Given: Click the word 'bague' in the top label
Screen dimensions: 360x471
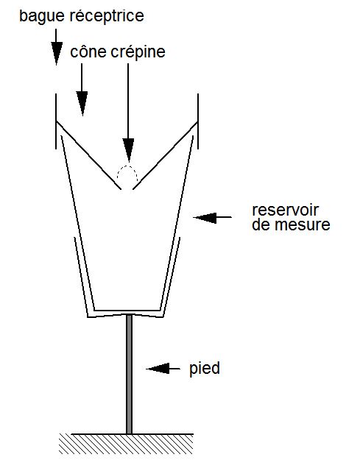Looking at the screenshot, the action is (42, 16).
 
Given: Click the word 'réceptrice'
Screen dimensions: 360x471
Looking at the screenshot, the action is (107, 16).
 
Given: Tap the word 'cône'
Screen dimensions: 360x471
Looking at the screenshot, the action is (88, 52).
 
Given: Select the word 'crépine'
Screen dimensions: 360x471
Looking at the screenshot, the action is (138, 52).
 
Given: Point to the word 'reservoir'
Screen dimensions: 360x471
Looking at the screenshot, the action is (285, 210).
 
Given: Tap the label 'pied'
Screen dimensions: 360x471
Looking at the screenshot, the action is (205, 369).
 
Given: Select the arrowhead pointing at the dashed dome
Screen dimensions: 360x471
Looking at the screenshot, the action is (129, 149).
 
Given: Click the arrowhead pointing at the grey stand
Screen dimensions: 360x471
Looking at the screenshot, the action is (158, 368).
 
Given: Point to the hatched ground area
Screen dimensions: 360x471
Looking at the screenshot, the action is (126, 445).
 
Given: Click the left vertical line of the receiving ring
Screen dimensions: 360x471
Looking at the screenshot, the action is (56, 121).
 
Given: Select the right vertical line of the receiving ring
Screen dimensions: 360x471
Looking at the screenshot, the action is (198, 121).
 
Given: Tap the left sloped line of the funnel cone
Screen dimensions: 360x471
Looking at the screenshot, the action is (88, 155).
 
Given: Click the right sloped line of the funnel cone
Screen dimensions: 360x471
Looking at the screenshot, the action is (165, 155).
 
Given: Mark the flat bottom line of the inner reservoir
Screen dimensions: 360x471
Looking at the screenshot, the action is (127, 311).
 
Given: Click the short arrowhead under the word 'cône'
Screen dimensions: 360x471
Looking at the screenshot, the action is (82, 103).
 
